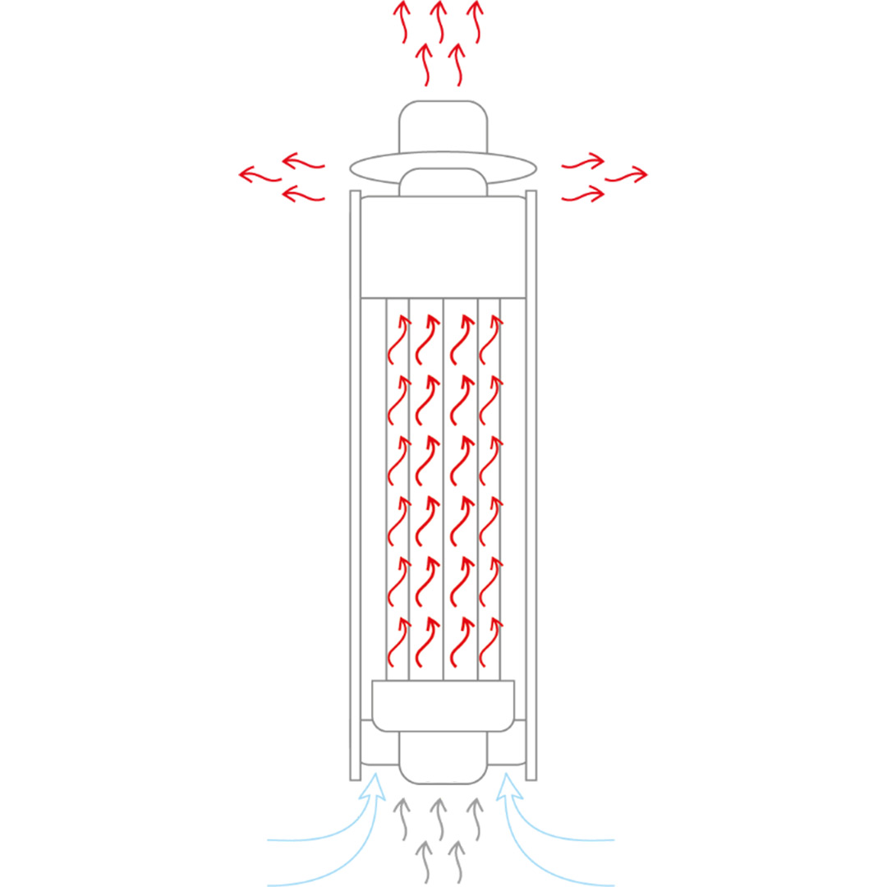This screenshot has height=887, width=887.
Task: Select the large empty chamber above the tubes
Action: pyautogui.click(x=443, y=246)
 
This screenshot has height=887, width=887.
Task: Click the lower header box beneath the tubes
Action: pyautogui.click(x=443, y=705)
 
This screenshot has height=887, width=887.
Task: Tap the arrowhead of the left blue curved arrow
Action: pyautogui.click(x=374, y=784)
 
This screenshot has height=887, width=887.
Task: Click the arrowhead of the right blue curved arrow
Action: pyautogui.click(x=509, y=784)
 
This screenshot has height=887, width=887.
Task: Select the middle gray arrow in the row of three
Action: pyautogui.click(x=439, y=817)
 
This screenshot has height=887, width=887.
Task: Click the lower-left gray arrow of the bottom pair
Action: pyautogui.click(x=424, y=861)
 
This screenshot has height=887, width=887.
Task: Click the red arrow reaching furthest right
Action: pyautogui.click(x=627, y=175)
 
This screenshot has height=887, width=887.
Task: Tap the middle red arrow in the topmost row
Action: pyautogui.click(x=439, y=21)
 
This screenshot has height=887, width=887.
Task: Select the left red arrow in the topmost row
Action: pyautogui.click(x=402, y=21)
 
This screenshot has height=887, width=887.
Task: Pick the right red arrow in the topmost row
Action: pyautogui.click(x=475, y=21)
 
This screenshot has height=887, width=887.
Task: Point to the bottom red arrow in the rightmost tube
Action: pyautogui.click(x=490, y=641)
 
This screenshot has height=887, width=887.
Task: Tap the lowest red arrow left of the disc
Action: pyautogui.click(x=302, y=195)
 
